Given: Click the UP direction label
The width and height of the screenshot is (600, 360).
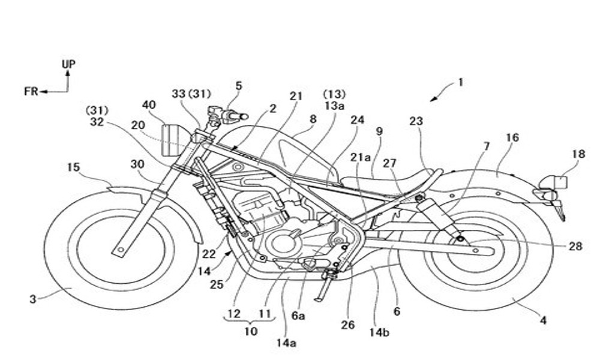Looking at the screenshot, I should tap(68, 64).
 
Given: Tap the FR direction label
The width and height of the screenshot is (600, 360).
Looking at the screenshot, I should tap(31, 92).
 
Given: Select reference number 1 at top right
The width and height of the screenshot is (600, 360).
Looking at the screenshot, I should tap(461, 83).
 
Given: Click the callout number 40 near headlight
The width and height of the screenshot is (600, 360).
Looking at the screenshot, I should tap(149, 104).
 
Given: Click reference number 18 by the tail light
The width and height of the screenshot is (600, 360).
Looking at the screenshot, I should tap(578, 154).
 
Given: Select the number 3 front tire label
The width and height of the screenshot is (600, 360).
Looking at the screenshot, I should tap(33, 298).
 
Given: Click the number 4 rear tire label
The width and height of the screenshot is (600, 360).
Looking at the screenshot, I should tap(543, 320).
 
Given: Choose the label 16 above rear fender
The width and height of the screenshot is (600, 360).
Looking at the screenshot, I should tap(512, 138).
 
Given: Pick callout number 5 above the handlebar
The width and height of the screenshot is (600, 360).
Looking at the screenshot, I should tap(239, 86).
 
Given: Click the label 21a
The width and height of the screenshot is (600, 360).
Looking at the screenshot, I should tap(361, 157).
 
